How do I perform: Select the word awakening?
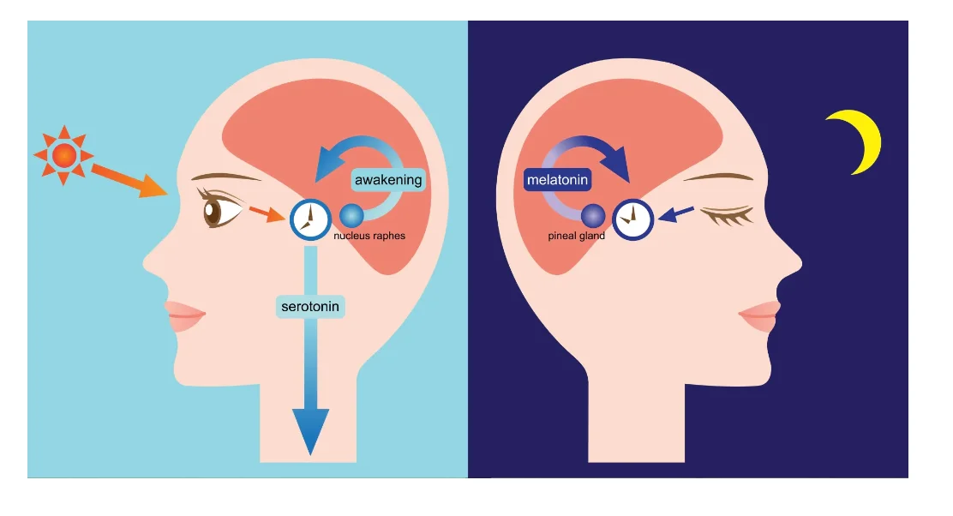(388, 180)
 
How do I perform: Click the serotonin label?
(310, 306)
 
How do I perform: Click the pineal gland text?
(577, 236)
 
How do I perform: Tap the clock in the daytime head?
(310, 219)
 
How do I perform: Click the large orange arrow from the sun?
(129, 177)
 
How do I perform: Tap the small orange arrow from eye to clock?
(267, 213)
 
